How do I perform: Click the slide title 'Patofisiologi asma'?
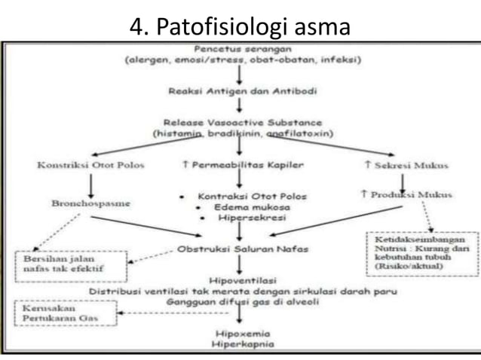(x=240, y=26)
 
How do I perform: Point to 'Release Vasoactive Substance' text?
(x=239, y=122)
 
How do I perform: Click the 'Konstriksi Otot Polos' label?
(x=79, y=164)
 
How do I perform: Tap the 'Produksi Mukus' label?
(x=406, y=195)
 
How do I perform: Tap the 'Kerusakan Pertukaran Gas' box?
(x=67, y=314)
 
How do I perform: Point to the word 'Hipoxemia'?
(x=239, y=334)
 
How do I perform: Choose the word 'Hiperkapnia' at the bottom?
(x=239, y=344)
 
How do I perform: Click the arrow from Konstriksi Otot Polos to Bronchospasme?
(x=90, y=185)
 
